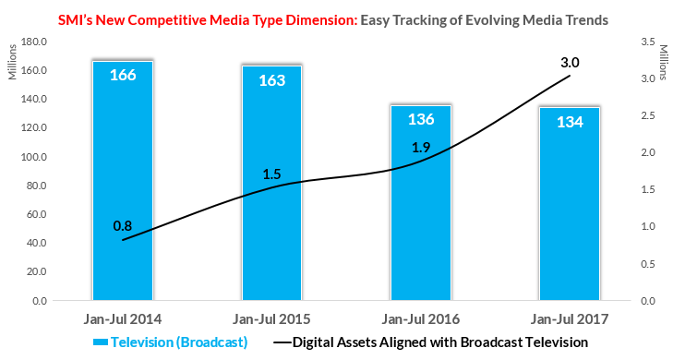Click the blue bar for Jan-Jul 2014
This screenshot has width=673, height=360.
coord(123,181)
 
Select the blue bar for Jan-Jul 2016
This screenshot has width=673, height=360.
coord(421,203)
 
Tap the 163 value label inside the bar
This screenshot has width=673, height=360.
coord(271,80)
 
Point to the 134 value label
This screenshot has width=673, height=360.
coord(570,122)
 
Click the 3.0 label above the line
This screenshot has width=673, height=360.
coord(570,63)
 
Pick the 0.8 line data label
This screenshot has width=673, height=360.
coord(123,226)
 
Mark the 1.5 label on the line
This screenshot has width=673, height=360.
coord(271,174)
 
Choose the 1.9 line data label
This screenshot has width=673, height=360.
coord(421,147)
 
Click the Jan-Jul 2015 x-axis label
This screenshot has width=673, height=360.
coord(271,319)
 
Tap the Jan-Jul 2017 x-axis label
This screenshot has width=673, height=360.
coord(570,319)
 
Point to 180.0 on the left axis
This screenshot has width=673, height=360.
coord(34,42)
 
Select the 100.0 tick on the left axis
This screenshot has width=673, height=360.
coord(34,157)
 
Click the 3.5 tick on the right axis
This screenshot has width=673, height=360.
coord(648,42)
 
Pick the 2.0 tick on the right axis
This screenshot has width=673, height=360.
coord(648,152)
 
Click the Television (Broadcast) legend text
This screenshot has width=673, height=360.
coord(179,342)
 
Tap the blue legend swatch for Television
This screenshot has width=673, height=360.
coord(101,342)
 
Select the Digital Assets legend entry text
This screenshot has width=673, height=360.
coord(440,342)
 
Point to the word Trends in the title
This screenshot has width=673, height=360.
coord(586,20)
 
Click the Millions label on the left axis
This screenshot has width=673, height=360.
coord(12,62)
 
